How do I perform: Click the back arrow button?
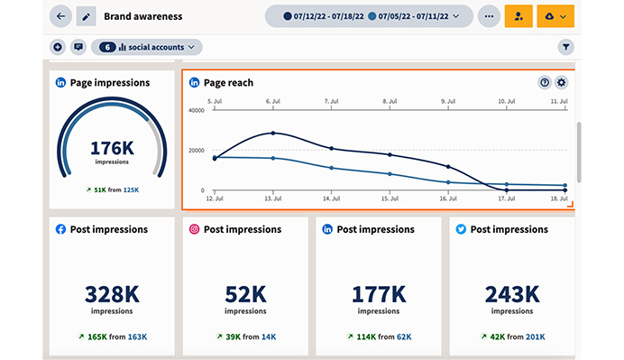coord(61,16)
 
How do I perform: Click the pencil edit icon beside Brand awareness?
coord(87,16)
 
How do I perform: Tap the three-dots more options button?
coord(489,16)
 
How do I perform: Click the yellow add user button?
coord(518,16)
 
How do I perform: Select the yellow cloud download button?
coord(555,16)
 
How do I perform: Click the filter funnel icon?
coord(566,46)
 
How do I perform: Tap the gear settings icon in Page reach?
coord(562,82)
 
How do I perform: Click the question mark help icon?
coord(545,82)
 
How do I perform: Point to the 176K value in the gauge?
coord(112,148)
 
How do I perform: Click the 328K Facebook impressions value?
coord(112,293)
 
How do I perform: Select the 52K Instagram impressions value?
coord(245,293)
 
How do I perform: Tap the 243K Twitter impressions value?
coord(511,293)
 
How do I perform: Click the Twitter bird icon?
coord(460,229)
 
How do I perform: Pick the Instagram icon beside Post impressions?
coord(194,229)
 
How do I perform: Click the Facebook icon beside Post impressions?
coord(60,229)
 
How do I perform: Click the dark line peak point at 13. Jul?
coord(273,133)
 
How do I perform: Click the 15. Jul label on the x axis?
coord(390,197)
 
